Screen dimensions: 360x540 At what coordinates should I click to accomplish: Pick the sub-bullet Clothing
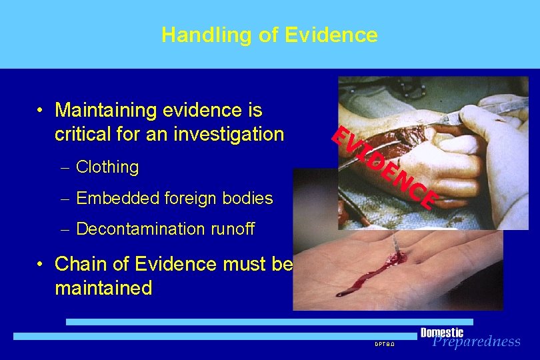tap(107, 167)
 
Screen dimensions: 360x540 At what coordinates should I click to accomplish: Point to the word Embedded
tap(109, 198)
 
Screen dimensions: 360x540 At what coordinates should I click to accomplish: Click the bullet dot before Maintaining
tap(41, 111)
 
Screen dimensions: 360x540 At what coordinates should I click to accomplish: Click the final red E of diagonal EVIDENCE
tap(428, 199)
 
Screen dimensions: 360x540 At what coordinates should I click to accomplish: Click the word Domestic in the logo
tap(442, 332)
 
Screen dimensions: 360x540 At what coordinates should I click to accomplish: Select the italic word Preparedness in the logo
tap(476, 342)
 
